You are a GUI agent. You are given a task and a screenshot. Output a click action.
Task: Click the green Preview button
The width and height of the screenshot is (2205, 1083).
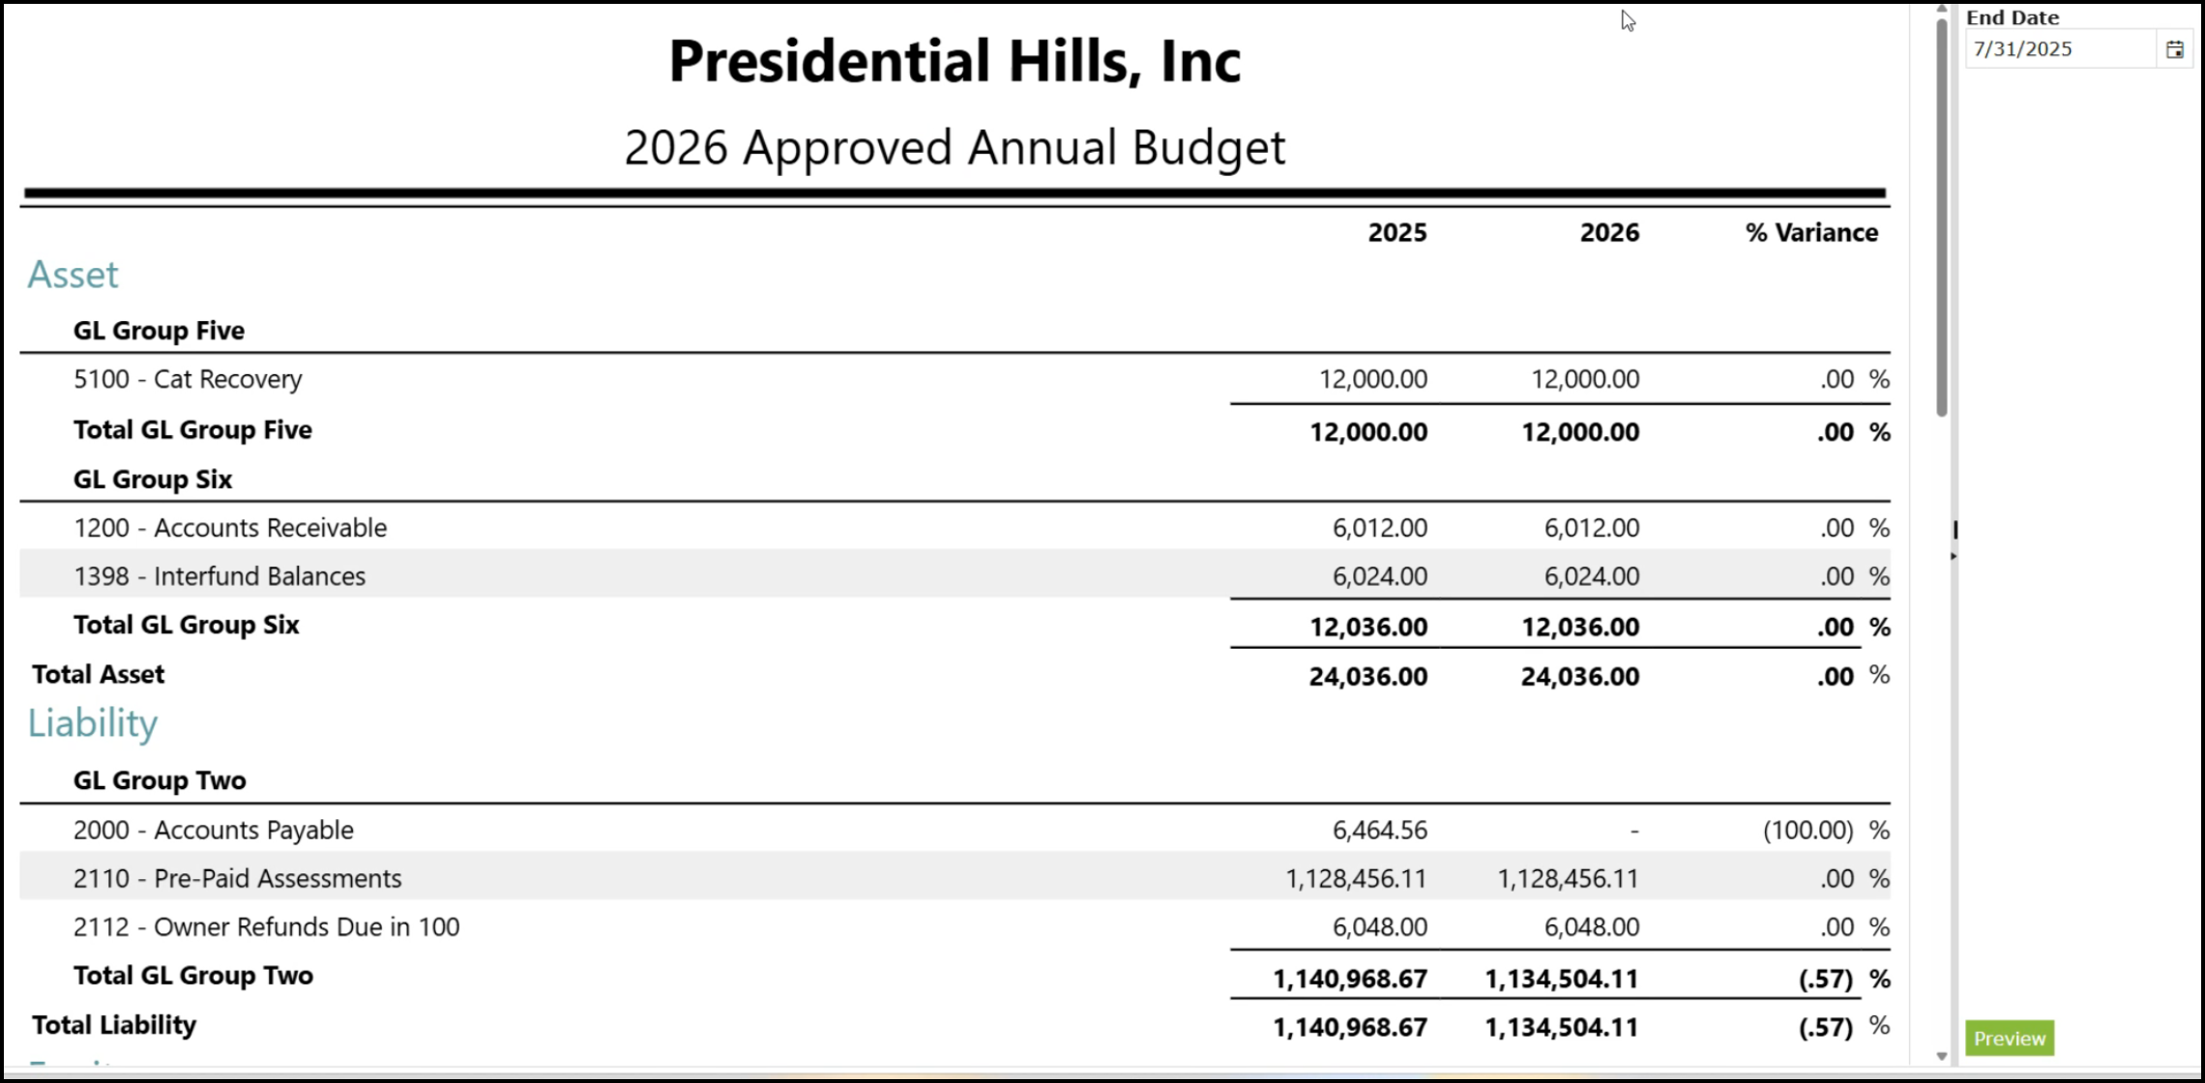(x=2010, y=1038)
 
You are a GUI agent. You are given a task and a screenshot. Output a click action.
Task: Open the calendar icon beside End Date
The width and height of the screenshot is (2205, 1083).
(x=2175, y=49)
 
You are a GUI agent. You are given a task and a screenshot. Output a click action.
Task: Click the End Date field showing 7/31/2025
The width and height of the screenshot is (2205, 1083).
(x=2061, y=49)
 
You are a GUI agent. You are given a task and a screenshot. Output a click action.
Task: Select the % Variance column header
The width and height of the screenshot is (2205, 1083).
(x=1811, y=232)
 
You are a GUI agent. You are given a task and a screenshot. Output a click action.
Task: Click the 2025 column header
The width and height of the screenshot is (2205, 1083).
(x=1397, y=232)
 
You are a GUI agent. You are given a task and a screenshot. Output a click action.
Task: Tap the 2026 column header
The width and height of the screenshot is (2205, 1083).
(x=1609, y=232)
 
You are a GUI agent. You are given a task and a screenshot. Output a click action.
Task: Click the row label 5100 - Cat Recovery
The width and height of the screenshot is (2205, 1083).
(x=188, y=379)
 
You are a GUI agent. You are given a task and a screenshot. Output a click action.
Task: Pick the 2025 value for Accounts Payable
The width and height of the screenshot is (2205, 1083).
(x=1380, y=830)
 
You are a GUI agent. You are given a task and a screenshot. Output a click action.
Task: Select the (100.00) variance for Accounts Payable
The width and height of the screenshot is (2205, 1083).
(x=1808, y=830)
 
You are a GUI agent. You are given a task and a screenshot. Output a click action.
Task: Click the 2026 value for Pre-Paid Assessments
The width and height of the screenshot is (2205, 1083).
(x=1568, y=878)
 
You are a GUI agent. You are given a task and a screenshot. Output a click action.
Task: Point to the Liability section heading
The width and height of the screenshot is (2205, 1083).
(x=93, y=723)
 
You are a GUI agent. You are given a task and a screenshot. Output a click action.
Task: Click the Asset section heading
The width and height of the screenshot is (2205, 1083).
(x=73, y=275)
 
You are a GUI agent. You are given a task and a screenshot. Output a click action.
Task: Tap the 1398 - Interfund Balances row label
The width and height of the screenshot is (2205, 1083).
(x=220, y=576)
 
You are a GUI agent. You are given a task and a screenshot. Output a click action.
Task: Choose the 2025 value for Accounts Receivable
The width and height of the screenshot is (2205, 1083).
(x=1380, y=528)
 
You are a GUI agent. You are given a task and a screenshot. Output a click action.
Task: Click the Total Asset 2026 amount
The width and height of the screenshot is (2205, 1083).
(x=1580, y=676)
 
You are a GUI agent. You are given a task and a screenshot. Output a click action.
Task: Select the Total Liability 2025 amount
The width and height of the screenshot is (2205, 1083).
(x=1350, y=1027)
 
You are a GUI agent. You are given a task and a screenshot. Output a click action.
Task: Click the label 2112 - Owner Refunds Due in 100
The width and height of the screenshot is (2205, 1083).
(x=267, y=926)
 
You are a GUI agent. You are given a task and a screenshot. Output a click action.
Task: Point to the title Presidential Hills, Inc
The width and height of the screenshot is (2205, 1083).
(x=955, y=61)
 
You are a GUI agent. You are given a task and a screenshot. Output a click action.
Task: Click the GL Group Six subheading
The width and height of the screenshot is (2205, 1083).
(x=153, y=479)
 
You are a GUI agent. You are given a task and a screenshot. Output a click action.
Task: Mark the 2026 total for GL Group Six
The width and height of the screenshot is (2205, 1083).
(x=1580, y=627)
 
